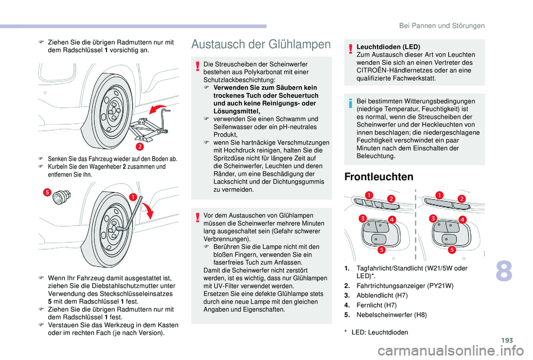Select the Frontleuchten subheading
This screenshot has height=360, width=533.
[x=371, y=177]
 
